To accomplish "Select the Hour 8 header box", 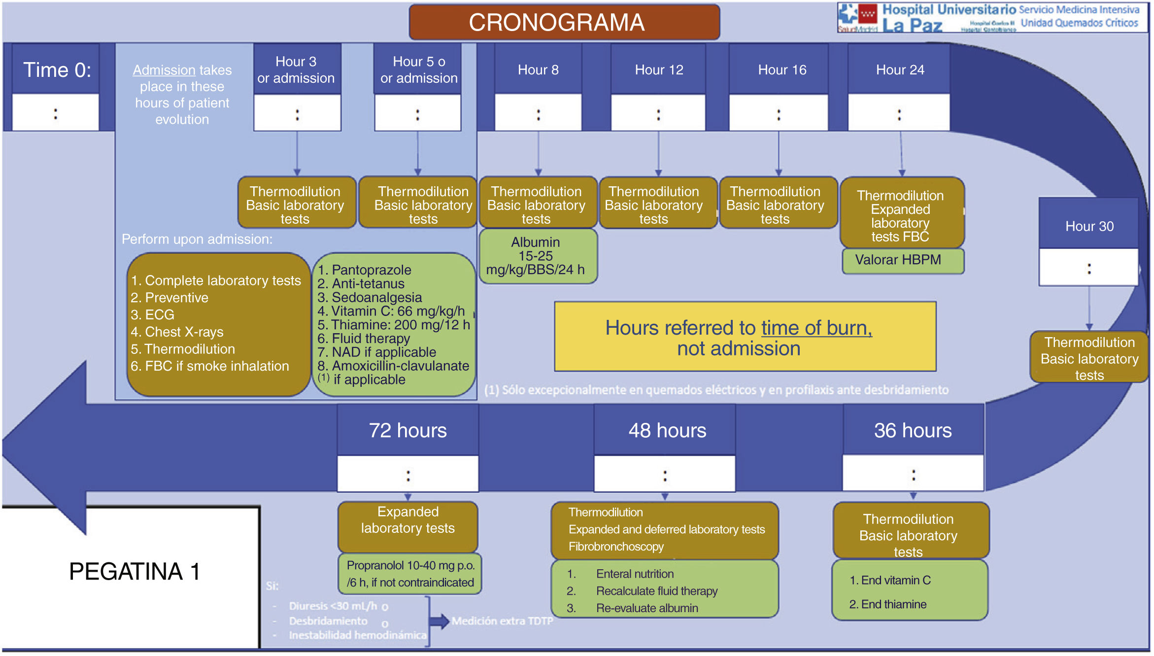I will (x=538, y=70).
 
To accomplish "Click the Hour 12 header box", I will (x=659, y=70).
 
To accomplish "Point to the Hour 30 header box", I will (x=1089, y=226).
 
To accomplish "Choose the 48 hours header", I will (x=667, y=431).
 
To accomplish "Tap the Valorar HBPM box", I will (x=902, y=260).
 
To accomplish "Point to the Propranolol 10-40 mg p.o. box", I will (x=410, y=574).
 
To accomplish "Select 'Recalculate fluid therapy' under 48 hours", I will (x=656, y=591).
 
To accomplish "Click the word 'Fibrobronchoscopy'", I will (x=616, y=547).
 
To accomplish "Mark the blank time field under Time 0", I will (x=56, y=113).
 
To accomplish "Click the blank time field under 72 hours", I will (x=408, y=475).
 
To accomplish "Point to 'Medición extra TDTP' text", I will (x=502, y=621).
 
